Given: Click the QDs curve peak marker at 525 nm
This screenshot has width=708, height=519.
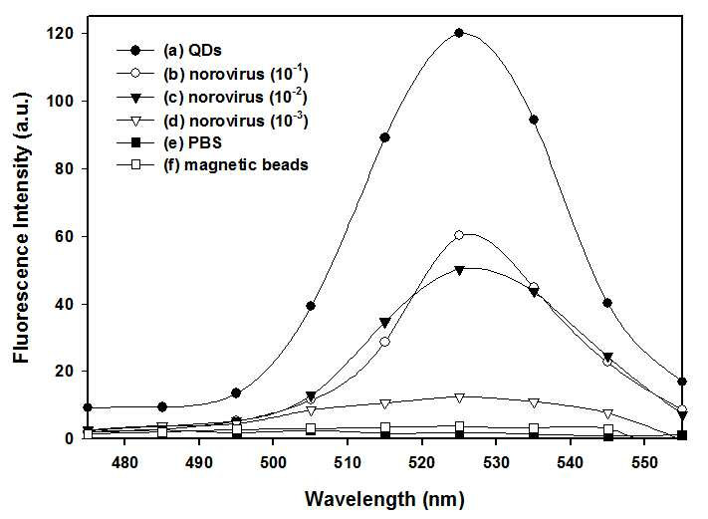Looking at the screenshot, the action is [459, 33].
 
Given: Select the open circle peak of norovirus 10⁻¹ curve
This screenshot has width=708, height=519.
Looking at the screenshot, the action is [459, 235].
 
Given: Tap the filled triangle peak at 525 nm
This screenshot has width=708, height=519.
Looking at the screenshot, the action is [459, 271].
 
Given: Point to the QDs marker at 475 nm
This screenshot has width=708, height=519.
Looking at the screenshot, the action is [88, 407].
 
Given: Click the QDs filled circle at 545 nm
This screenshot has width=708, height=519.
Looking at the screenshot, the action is [607, 303].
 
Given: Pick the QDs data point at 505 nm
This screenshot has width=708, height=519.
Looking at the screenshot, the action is [311, 306].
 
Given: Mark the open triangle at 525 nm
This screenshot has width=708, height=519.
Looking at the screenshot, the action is [459, 397].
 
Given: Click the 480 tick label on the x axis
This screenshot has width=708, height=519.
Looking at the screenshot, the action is [124, 462].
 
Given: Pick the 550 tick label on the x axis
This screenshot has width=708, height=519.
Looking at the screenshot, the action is [644, 462].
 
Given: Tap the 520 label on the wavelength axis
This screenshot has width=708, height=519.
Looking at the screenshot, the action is [422, 462].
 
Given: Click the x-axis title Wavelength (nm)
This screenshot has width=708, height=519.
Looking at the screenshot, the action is [384, 500].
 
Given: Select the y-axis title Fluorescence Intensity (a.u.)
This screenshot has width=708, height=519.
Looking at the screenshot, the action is [21, 227].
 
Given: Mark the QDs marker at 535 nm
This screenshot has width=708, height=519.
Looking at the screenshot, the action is [534, 120].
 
